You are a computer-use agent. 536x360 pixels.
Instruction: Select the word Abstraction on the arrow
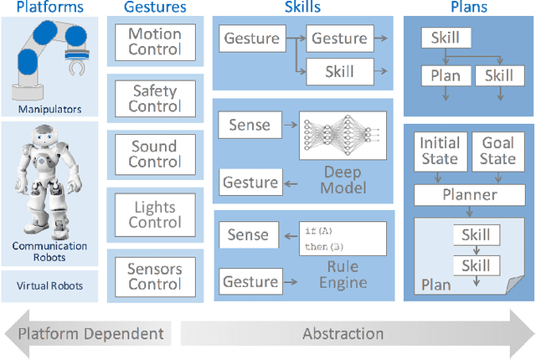(x=343, y=333)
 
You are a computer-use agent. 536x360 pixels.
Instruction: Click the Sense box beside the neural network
(x=250, y=126)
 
